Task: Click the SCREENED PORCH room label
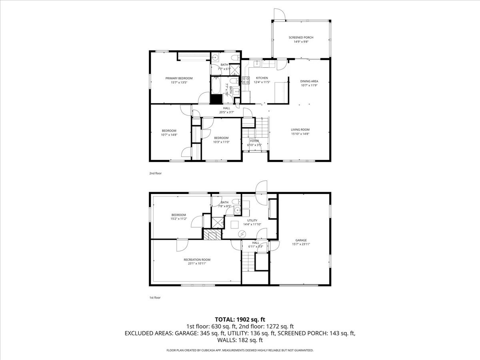301,38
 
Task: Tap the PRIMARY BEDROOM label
179,78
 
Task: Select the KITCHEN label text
262,78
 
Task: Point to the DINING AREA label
309,81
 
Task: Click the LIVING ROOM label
300,130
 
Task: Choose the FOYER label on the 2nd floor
254,141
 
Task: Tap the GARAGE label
301,240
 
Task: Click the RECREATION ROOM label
197,260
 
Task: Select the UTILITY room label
252,220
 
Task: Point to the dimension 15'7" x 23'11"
301,244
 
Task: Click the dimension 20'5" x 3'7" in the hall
226,112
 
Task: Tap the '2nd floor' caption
155,174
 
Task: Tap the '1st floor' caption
155,298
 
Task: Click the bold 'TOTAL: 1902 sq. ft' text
240,319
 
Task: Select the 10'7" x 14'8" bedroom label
169,135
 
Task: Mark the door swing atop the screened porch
279,14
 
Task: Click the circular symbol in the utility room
242,234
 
